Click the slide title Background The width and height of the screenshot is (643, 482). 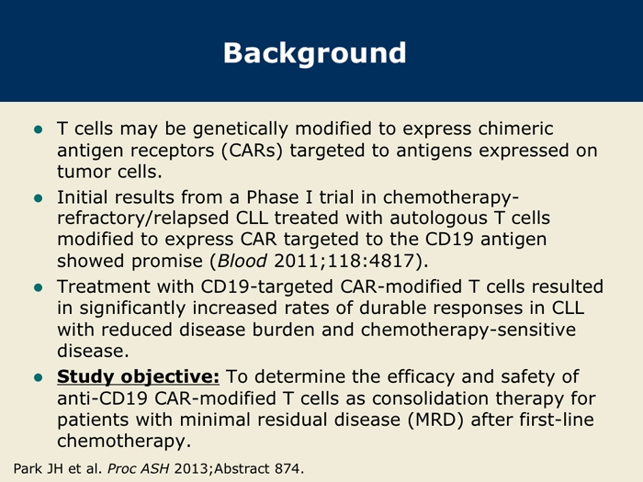(314, 53)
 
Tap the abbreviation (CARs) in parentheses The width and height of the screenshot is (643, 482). (253, 151)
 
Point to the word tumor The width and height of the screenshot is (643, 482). (85, 172)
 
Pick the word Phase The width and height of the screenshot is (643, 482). (273, 197)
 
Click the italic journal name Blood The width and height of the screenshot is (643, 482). (243, 261)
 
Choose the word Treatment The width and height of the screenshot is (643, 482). (105, 286)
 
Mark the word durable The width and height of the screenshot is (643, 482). (389, 308)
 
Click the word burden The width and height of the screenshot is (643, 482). (283, 330)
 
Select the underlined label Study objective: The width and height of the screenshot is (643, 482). (138, 377)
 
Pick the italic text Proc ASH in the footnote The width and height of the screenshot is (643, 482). (138, 468)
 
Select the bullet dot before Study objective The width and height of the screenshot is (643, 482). (39, 377)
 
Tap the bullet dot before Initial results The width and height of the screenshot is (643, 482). (39, 198)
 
